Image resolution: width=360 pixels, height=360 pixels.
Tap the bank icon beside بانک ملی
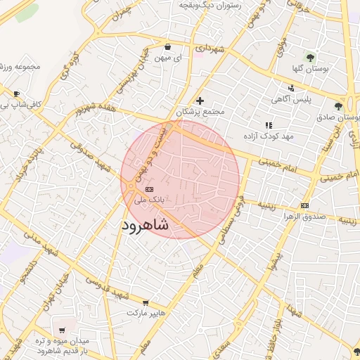tap(149, 190)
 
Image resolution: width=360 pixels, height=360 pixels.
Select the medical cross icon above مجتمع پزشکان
tap(200, 101)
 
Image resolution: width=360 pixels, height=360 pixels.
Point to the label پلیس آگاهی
tap(292, 99)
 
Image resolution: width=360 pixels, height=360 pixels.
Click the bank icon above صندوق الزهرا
tap(304, 205)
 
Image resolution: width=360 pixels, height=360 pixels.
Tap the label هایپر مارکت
tap(146, 311)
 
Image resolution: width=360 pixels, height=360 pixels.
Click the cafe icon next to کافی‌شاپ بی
tap(15, 94)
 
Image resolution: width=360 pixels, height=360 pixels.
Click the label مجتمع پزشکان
tap(200, 112)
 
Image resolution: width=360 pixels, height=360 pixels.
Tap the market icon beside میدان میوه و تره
tap(62, 330)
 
